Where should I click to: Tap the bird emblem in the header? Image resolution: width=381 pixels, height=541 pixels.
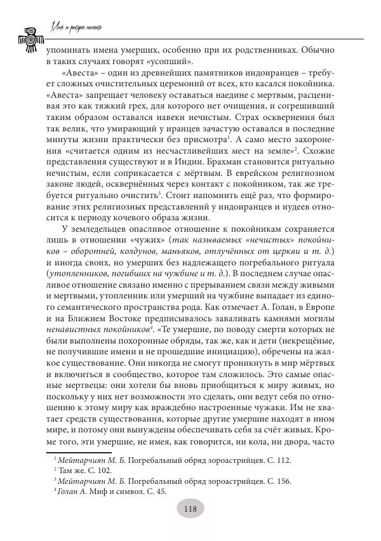pos(29,40)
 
